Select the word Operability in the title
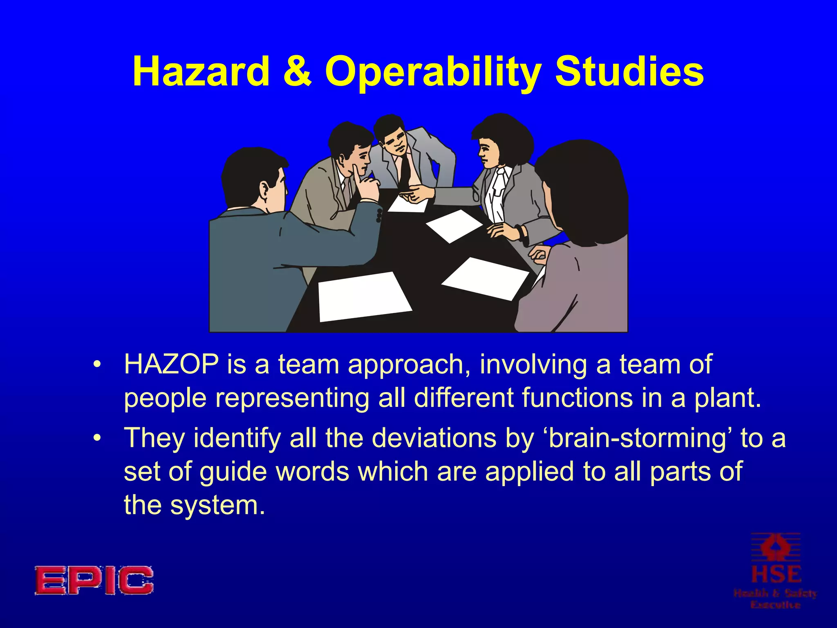click(432, 72)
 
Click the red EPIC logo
click(94, 580)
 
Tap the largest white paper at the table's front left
click(364, 296)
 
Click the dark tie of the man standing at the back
click(405, 170)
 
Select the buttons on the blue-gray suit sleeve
click(379, 215)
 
